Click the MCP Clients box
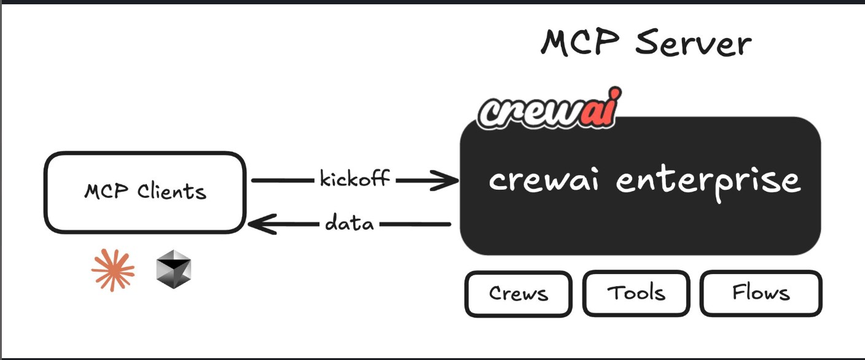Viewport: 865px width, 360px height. [145, 192]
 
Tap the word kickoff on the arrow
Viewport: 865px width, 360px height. [354, 179]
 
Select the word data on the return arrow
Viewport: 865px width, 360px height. [349, 223]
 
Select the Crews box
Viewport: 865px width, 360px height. [518, 294]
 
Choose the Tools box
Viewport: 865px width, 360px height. [636, 293]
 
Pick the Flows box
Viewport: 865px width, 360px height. [761, 293]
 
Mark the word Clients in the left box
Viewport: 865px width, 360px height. [172, 192]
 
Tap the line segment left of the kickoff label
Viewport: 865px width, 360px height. [282, 181]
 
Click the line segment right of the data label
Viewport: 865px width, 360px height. [414, 225]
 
